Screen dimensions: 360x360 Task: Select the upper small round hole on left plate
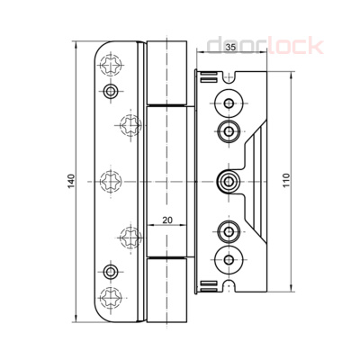[x=110, y=92]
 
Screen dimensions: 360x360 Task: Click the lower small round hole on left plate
[x=110, y=269]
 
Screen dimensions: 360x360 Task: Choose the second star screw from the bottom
[x=128, y=238]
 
